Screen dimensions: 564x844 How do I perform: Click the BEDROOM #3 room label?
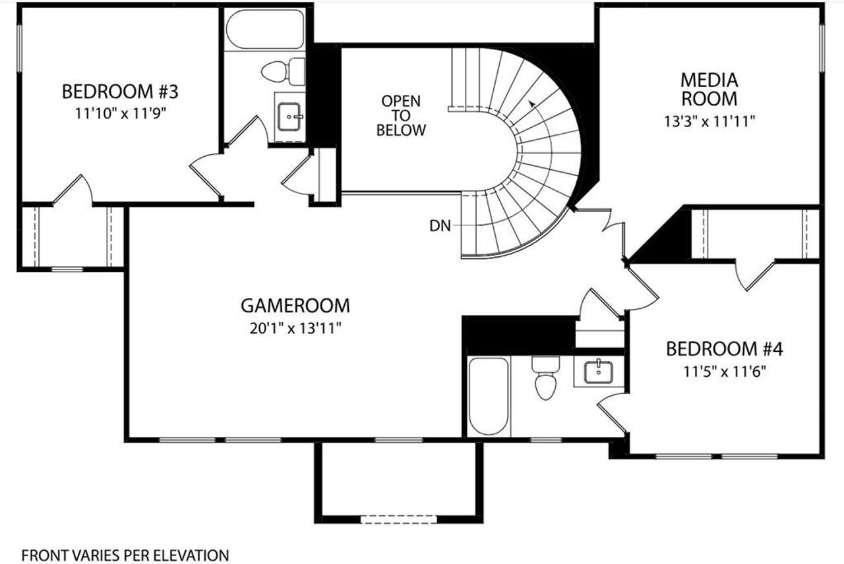pyautogui.click(x=120, y=90)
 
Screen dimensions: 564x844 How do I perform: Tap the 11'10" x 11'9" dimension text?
pyautogui.click(x=120, y=112)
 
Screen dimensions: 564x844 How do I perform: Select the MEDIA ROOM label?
pyautogui.click(x=709, y=90)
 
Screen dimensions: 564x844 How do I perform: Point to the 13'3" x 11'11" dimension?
pyautogui.click(x=709, y=121)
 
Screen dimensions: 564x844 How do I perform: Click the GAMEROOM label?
pyautogui.click(x=295, y=306)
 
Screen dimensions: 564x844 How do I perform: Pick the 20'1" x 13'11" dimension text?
pyautogui.click(x=295, y=327)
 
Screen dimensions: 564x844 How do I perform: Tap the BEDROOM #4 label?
pyautogui.click(x=724, y=349)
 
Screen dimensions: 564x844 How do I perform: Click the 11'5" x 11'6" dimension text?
pyautogui.click(x=724, y=371)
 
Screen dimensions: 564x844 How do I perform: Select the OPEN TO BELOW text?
pyautogui.click(x=401, y=115)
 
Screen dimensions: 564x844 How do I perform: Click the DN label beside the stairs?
pyautogui.click(x=440, y=226)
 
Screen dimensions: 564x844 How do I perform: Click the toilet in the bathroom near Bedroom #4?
pyautogui.click(x=545, y=380)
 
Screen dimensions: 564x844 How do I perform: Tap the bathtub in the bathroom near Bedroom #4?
pyautogui.click(x=488, y=395)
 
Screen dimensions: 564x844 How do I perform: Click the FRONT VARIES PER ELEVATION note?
pyautogui.click(x=125, y=555)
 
